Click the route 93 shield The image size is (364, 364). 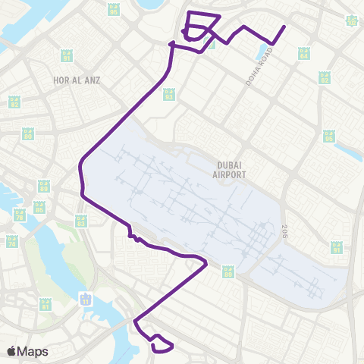click(169, 96)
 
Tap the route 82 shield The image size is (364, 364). click(14, 102)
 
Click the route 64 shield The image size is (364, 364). click(304, 54)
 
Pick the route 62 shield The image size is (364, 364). click(325, 78)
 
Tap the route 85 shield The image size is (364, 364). click(44, 186)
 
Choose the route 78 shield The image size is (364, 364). click(20, 215)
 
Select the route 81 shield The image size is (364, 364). click(45, 304)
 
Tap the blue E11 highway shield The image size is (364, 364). click(86, 298)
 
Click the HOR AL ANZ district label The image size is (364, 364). click(77, 80)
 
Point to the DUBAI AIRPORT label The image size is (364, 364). click(231, 169)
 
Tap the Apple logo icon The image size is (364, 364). click(11, 351)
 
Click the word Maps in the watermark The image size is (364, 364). click(33, 351)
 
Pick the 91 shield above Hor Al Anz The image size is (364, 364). click(66, 57)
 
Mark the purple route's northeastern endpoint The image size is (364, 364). click(284, 27)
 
